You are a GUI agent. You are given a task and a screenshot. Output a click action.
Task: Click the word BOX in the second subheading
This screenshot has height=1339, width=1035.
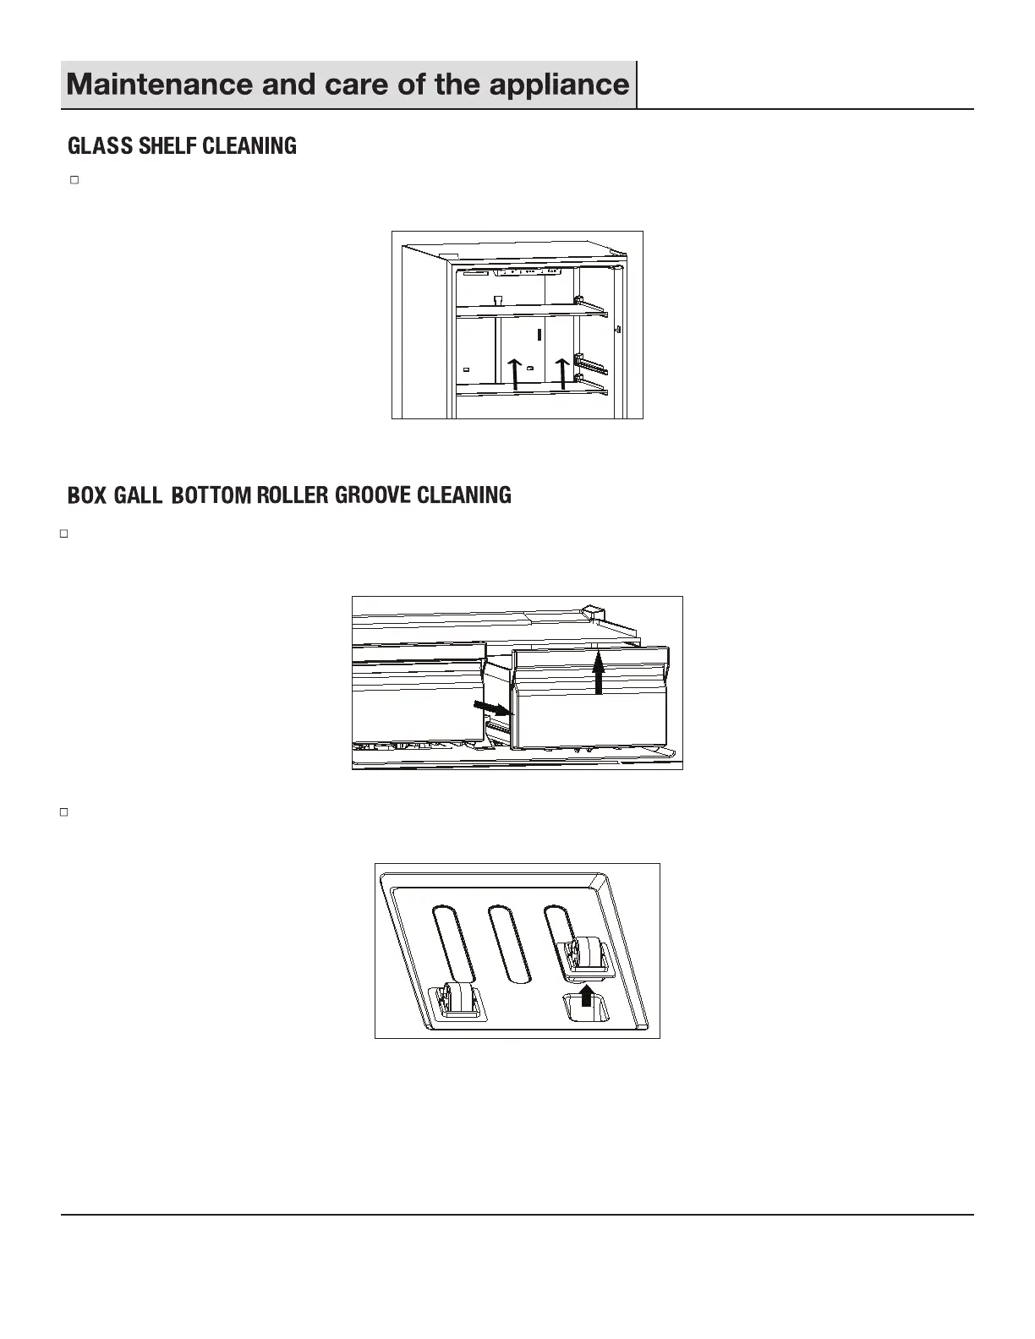coord(87,495)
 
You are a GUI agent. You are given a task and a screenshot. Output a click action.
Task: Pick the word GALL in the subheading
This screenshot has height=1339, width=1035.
coord(138,495)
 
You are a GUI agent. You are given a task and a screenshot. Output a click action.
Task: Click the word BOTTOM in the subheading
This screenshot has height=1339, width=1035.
coord(211,495)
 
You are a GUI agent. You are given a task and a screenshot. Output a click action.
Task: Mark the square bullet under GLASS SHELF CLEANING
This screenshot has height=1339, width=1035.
coord(74,180)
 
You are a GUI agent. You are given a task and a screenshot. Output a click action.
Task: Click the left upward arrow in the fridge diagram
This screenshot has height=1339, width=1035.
coord(515,373)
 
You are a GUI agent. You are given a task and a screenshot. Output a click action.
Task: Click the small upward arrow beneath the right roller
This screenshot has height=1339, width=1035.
coord(587,994)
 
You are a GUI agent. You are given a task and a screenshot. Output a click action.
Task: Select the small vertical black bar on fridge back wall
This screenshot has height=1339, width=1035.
coord(539,333)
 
